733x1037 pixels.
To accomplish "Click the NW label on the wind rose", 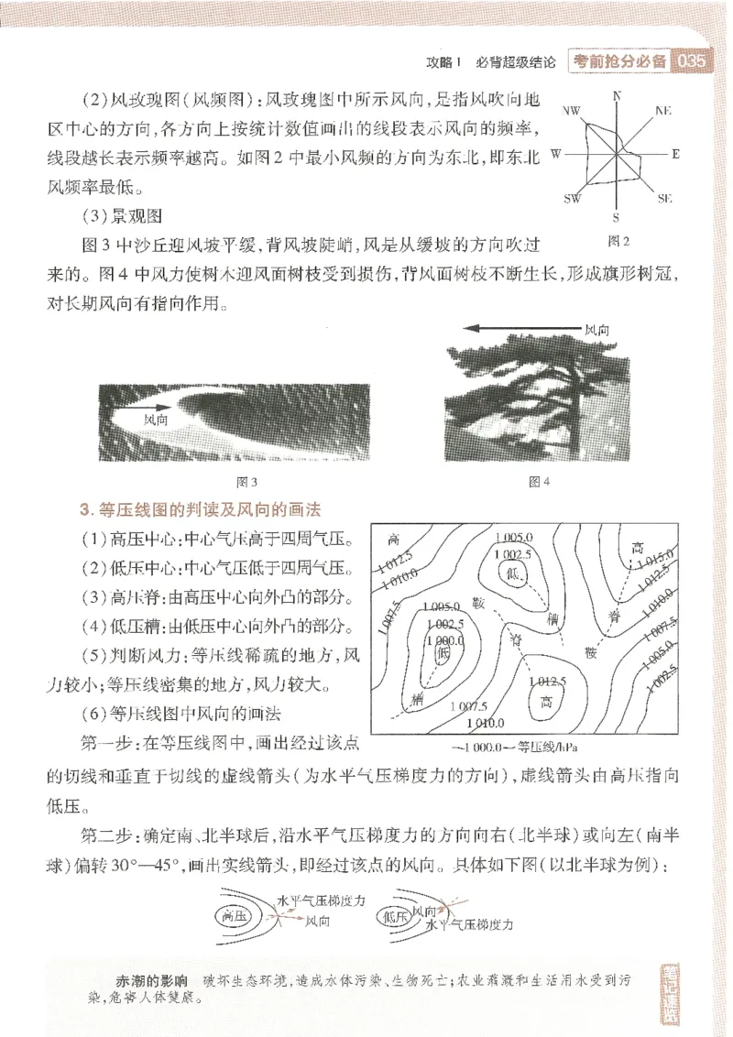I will pyautogui.click(x=572, y=111).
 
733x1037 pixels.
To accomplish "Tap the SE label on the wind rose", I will pyautogui.click(x=665, y=198).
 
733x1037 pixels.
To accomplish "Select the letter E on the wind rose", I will pyautogui.click(x=676, y=154).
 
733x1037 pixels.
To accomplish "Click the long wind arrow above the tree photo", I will pyautogui.click(x=522, y=328).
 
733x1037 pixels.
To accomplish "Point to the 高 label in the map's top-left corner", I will pyautogui.click(x=394, y=539).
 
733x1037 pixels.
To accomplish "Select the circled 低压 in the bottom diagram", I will pyautogui.click(x=396, y=915).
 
